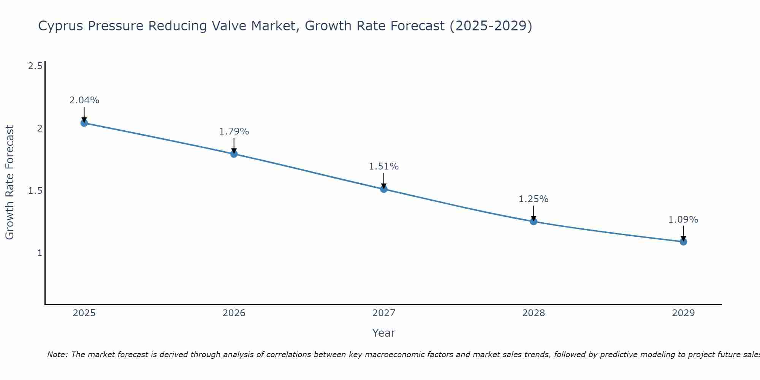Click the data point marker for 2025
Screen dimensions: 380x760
coord(84,123)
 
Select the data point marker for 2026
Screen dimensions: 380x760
coord(234,154)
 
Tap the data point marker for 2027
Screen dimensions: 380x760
coord(384,189)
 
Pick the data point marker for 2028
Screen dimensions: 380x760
coord(534,222)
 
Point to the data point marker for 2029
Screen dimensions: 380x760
coord(683,242)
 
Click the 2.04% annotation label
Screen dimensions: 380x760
coord(84,100)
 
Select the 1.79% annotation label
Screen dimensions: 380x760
coord(234,131)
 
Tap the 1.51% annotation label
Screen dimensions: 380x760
coord(384,166)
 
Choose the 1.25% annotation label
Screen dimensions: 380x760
coord(534,199)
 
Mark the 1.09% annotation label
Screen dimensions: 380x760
coord(683,220)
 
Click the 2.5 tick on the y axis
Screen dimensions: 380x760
coord(35,66)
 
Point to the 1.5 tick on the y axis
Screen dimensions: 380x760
coord(35,191)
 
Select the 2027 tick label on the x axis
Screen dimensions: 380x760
coord(384,313)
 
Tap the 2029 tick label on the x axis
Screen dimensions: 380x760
coord(683,313)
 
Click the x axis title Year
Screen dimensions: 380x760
coord(384,333)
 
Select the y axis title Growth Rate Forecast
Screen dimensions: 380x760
coord(9,182)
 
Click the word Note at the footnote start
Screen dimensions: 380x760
coord(57,355)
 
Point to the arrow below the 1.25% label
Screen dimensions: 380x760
coord(534,213)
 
